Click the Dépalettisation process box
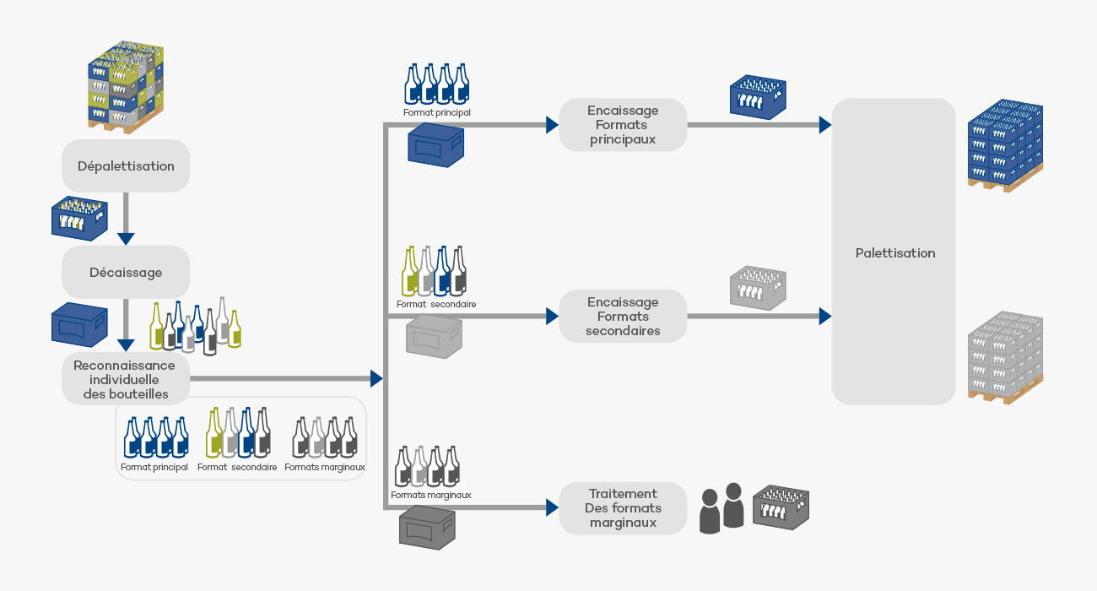pos(126,165)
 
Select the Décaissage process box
pos(126,272)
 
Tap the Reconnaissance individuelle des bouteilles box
pos(126,379)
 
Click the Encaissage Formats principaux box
pos(623,125)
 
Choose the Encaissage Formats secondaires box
pos(623,317)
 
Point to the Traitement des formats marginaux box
pos(623,508)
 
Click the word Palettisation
pos(894,252)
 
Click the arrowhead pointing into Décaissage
pos(126,238)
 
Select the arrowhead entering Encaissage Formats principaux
pos(552,125)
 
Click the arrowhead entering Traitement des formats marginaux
pos(552,508)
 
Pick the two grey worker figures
pos(721,508)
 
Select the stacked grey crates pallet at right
pos(1005,358)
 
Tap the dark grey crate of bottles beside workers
pos(781,508)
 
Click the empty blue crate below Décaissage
pos(79,325)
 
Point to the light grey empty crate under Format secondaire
pos(435,336)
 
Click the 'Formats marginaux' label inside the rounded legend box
pos(325,467)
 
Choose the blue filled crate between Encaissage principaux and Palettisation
pos(757,94)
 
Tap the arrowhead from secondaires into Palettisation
pos(824,317)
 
